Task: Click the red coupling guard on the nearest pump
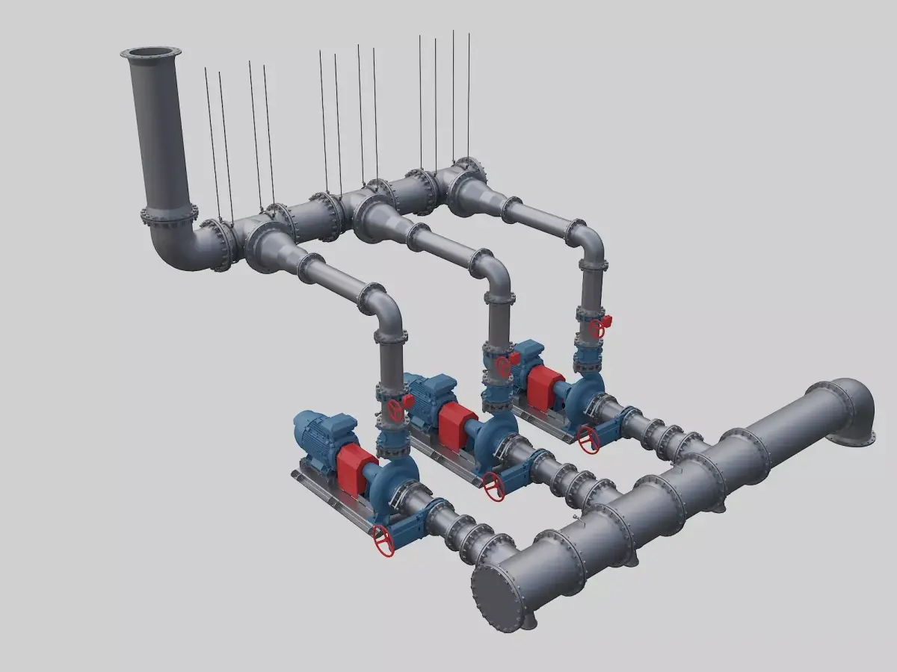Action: click(356, 470)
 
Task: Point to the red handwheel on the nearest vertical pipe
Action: click(396, 410)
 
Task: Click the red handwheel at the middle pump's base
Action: click(493, 486)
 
